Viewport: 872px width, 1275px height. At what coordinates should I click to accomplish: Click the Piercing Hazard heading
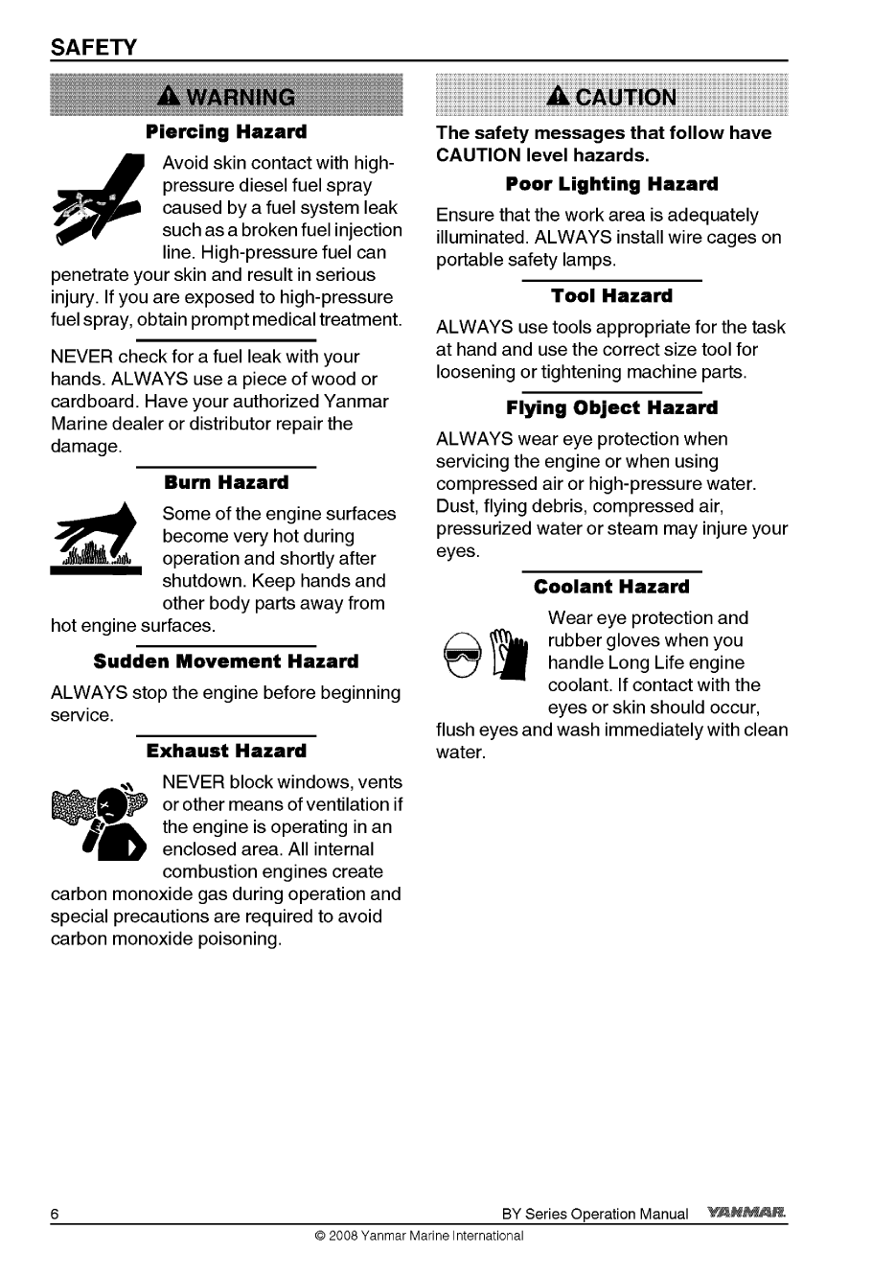[226, 130]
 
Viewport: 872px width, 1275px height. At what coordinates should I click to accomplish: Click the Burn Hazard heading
[226, 481]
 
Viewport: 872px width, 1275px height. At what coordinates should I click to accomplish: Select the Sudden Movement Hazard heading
[226, 661]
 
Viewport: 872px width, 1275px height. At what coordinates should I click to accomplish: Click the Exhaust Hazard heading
[226, 750]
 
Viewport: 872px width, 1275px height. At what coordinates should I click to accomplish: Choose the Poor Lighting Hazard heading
[611, 183]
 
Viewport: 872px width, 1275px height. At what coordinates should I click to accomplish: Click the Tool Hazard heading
[611, 295]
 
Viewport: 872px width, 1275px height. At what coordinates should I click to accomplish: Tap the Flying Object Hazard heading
[611, 407]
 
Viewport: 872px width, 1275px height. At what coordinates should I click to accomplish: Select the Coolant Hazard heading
[611, 587]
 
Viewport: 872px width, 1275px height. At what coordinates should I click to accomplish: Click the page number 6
[56, 1214]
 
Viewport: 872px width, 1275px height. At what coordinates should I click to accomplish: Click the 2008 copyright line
[419, 1236]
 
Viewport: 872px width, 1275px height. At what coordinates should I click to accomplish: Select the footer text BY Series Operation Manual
[595, 1214]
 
